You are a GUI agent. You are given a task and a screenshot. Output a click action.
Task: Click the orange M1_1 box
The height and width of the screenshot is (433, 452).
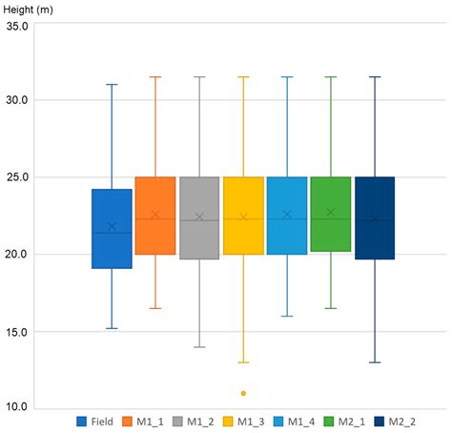155,216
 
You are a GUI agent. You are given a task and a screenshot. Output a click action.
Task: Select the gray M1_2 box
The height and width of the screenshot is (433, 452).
199,217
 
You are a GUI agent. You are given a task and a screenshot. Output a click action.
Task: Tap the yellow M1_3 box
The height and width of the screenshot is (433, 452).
243,216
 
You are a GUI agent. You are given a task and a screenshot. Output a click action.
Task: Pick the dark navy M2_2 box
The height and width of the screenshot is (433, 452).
374,217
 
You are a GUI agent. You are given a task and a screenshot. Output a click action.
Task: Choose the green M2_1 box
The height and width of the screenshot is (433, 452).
330,215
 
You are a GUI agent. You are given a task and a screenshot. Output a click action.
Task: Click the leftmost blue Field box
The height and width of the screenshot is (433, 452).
112,229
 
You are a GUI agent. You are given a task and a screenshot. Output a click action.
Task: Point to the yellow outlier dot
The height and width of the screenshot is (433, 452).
243,393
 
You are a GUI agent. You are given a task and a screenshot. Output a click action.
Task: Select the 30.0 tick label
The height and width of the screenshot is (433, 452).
16,100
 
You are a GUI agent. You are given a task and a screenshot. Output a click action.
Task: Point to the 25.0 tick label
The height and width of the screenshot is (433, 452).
16,177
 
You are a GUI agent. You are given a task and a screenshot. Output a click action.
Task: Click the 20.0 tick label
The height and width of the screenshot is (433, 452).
16,255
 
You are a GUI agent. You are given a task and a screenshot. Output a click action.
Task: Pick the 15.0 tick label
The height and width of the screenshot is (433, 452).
16,332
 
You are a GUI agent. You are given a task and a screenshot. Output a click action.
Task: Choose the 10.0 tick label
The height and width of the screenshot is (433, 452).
16,408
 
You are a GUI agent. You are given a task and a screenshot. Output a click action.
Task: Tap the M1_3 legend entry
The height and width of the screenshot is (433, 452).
252,421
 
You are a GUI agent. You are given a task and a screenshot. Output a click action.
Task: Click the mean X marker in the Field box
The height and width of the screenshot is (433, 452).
112,227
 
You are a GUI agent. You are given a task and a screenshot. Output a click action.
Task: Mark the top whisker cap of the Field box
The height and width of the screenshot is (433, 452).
112,84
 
